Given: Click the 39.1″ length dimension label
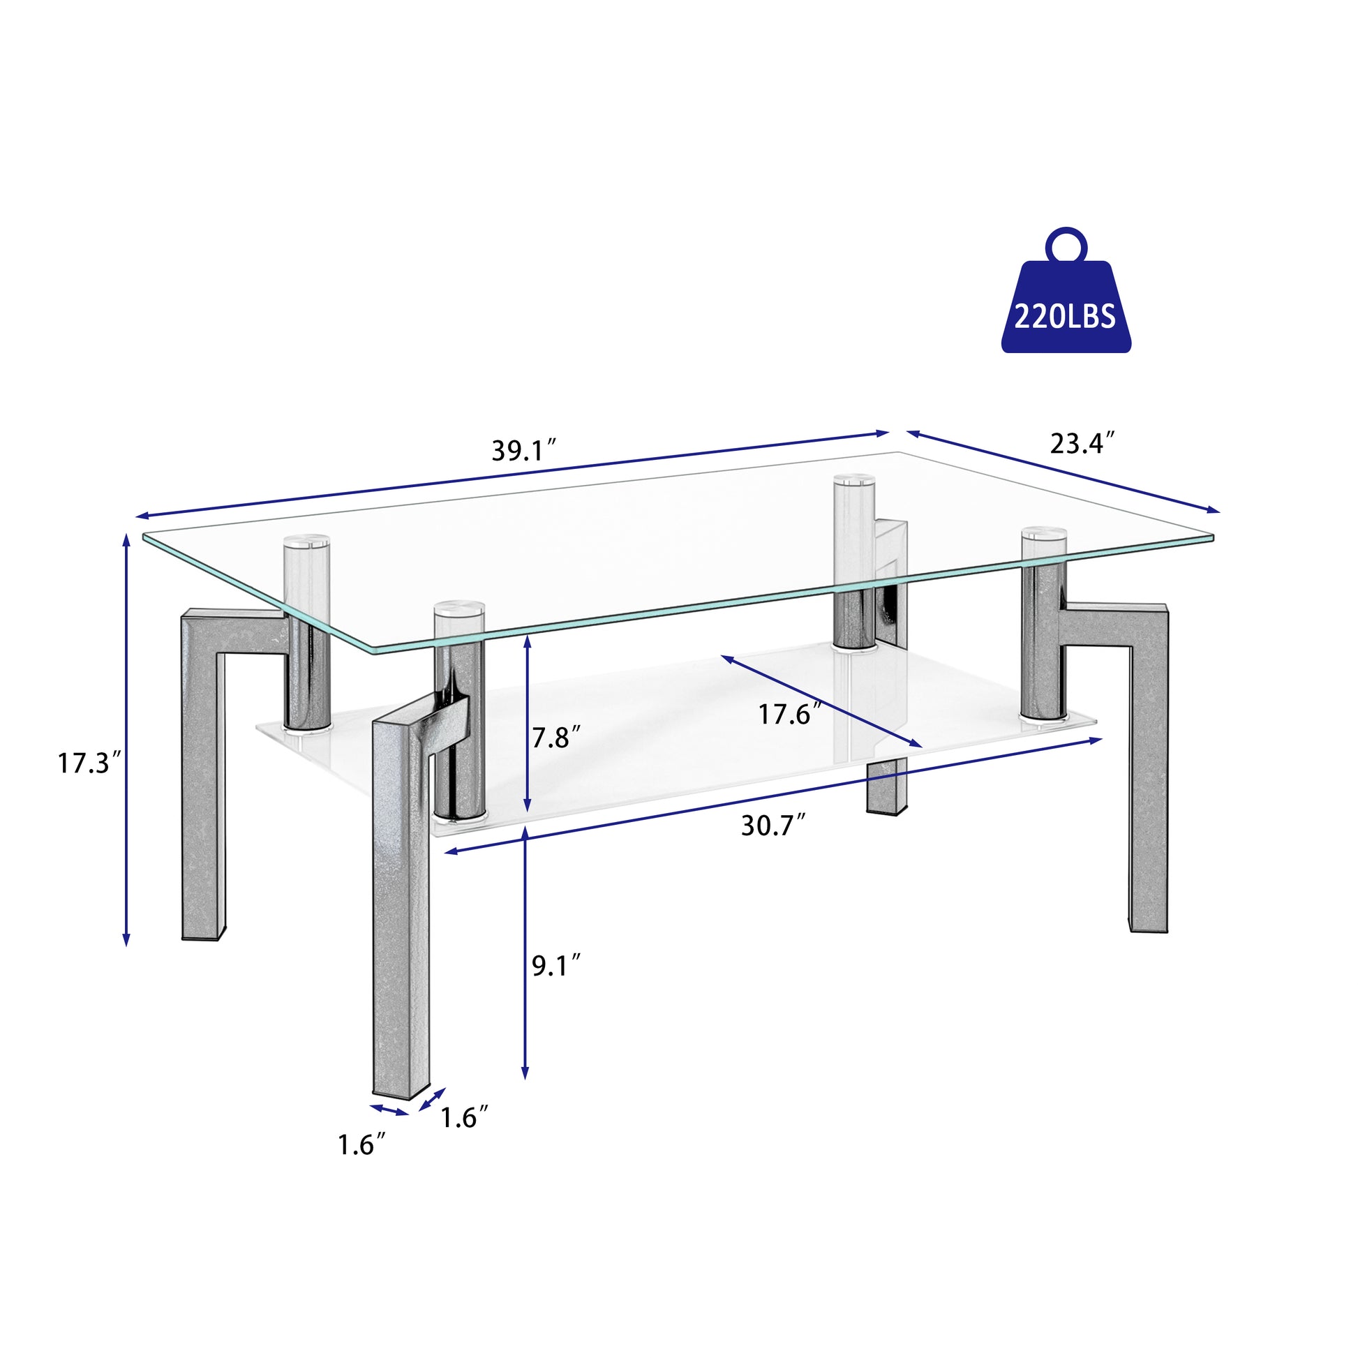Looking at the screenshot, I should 523,451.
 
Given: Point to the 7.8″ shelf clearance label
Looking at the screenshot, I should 556,738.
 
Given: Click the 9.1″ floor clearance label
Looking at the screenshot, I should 556,967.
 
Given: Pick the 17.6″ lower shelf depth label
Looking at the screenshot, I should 789,715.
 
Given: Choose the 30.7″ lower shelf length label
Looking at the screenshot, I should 773,826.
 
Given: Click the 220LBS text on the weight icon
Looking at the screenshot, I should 1064,317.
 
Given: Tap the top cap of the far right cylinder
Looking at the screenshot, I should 1043,533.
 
